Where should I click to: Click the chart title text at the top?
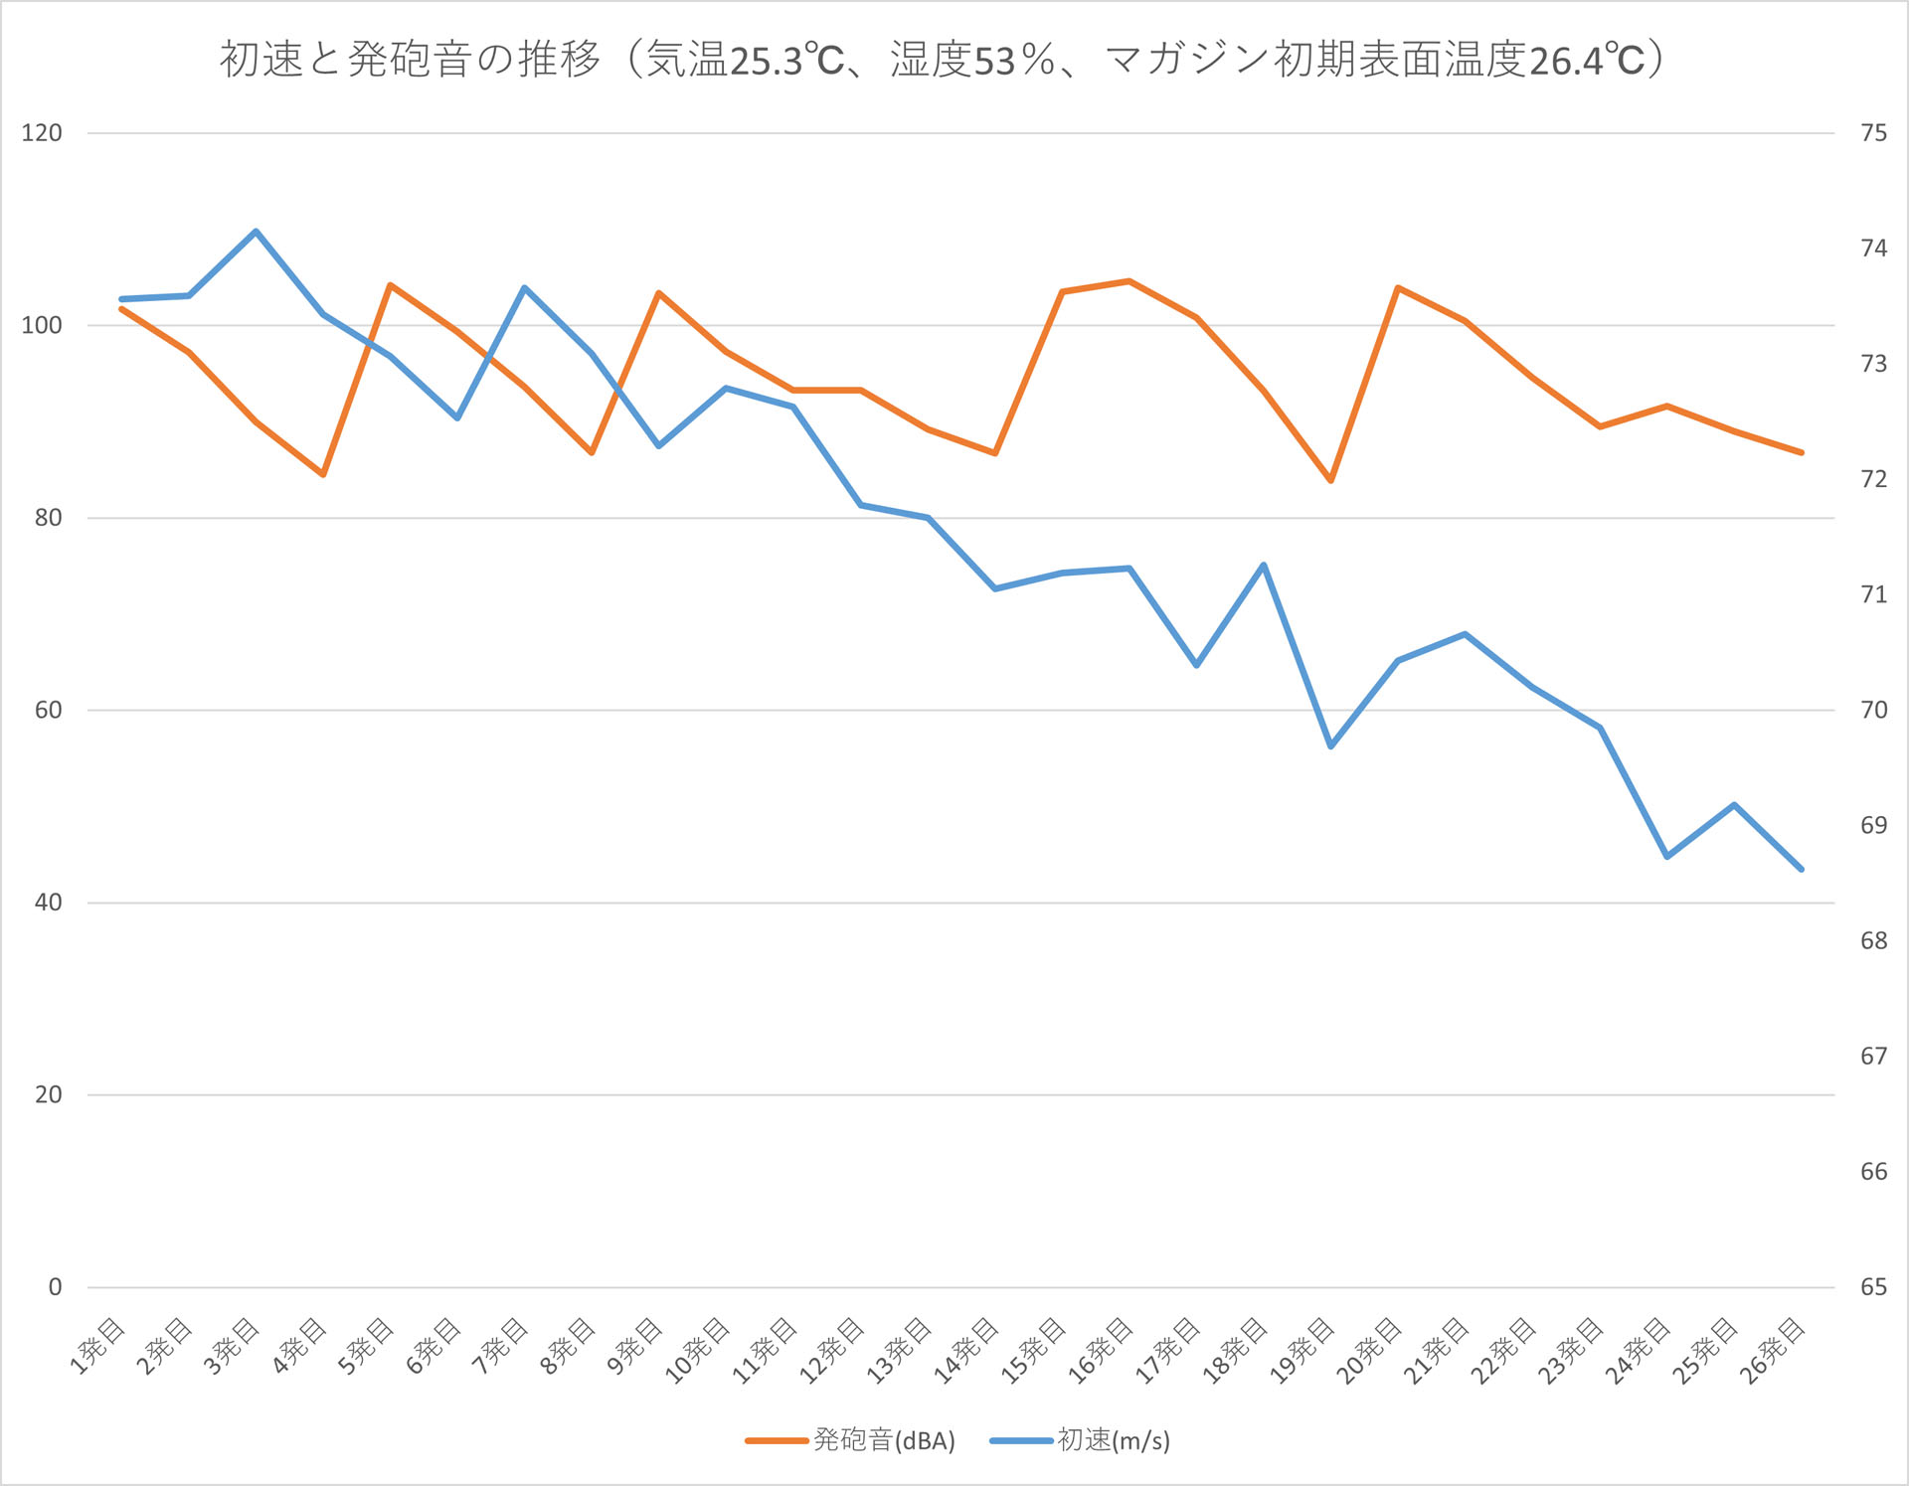942,60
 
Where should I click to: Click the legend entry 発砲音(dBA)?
883,1440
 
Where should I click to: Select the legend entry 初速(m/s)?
1113,1440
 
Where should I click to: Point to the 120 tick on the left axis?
42,133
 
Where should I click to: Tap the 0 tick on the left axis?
55,1287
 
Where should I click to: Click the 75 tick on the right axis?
1873,133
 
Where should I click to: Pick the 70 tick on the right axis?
1873,710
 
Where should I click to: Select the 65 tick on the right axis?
1873,1287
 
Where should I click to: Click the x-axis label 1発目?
97,1347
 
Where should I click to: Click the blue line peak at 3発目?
256,232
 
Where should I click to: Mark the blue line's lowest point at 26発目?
1801,869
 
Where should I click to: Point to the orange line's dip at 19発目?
1330,480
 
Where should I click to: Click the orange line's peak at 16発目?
1128,281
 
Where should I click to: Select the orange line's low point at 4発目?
323,474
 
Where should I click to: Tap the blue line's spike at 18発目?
1263,566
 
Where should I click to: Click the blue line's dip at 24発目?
1666,856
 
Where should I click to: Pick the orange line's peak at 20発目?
1398,288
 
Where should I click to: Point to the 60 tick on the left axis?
48,710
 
